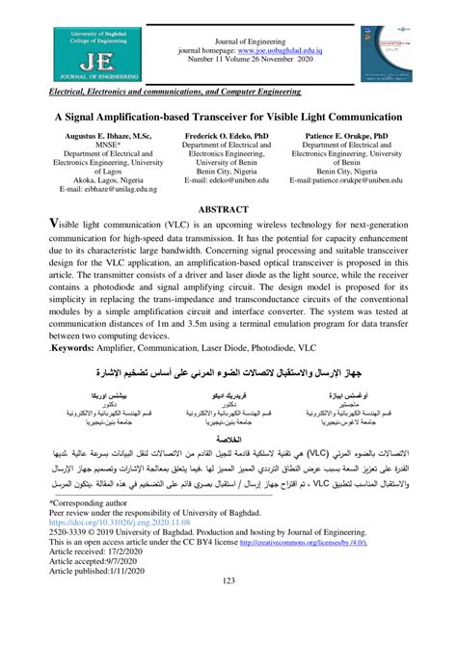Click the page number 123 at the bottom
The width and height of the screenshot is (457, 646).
click(x=228, y=632)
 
